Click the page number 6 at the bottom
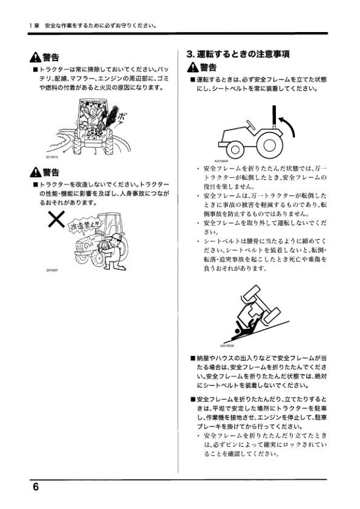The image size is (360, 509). tap(36, 488)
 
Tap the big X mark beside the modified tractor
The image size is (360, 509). tap(57, 222)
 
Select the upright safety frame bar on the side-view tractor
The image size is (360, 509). tap(274, 119)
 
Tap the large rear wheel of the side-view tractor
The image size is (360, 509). tap(268, 144)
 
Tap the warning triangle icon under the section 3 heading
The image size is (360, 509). tap(193, 67)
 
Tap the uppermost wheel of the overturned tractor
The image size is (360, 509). tap(248, 297)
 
